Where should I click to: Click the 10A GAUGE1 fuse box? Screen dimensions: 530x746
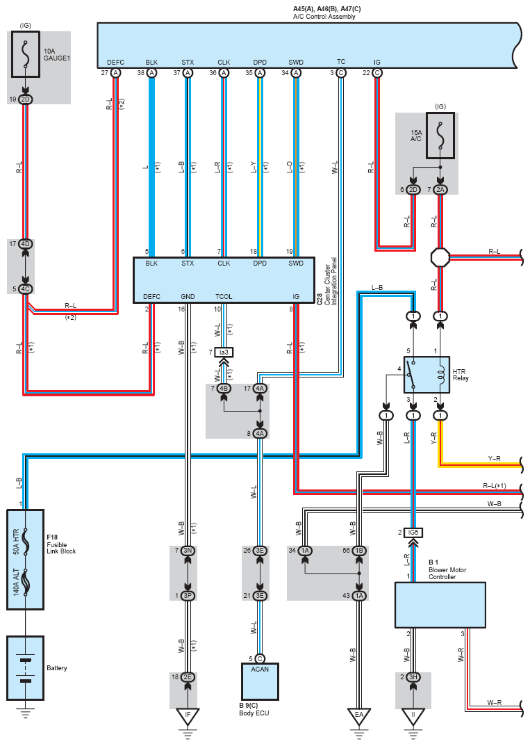point(26,54)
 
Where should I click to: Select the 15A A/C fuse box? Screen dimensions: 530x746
point(440,136)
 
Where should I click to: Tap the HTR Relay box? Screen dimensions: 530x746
point(427,375)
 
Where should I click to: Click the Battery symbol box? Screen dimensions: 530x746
point(26,668)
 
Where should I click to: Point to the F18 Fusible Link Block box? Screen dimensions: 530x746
point(26,560)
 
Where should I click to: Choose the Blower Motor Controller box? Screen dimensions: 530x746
point(440,605)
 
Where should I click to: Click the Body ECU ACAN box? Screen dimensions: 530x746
point(260,681)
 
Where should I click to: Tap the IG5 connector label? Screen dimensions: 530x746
point(413,533)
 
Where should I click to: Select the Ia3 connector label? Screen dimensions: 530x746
point(224,352)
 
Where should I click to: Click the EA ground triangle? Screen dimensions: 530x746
point(359,716)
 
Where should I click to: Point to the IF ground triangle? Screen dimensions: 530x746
point(188,716)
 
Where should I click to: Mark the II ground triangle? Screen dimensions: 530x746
point(413,716)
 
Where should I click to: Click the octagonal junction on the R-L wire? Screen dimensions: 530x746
point(440,257)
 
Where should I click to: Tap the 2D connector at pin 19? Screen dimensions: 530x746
point(26,99)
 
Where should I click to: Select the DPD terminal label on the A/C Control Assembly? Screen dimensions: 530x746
point(260,63)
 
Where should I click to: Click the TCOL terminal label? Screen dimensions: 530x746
point(224,296)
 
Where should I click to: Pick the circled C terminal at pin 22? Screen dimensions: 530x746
point(377,73)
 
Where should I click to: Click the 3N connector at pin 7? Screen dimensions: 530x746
point(188,551)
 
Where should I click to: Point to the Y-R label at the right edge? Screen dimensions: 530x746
point(495,459)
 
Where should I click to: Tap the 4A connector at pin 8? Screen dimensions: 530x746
point(260,433)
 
